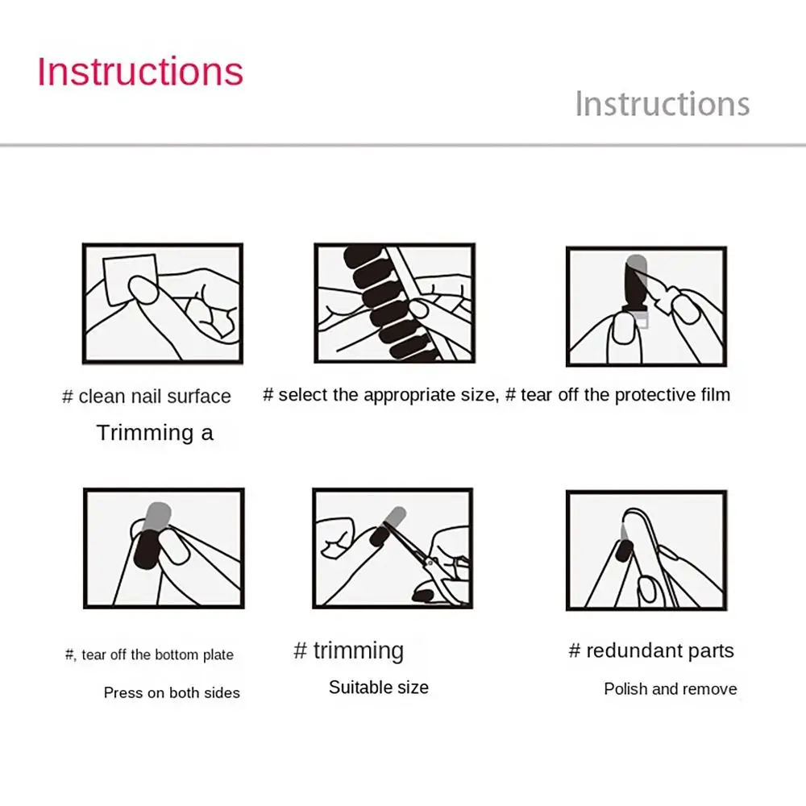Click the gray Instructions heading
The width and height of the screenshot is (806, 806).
click(662, 104)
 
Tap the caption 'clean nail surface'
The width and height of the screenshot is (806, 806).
click(155, 397)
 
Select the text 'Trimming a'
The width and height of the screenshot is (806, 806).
click(155, 433)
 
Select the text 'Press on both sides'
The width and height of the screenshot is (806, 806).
click(172, 692)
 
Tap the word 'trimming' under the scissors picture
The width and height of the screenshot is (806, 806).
click(359, 650)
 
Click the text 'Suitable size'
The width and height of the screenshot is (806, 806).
click(379, 688)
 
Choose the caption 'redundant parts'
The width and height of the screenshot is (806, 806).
click(660, 651)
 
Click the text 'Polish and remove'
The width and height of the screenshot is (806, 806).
click(671, 689)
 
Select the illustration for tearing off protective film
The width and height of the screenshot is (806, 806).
click(646, 306)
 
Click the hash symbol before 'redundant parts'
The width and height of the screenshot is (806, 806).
click(575, 651)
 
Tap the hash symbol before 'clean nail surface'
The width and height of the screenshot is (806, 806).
click(68, 397)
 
